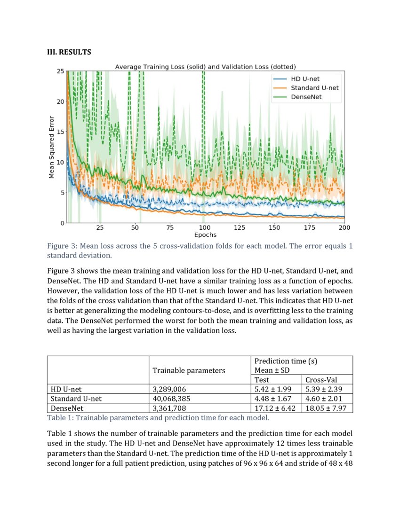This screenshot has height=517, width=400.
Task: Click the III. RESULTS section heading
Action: [x=69, y=52]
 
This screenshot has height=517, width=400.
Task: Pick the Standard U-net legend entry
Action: [x=314, y=88]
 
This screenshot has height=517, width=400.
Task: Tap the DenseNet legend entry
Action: [x=309, y=97]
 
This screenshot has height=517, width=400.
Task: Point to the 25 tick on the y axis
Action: [x=60, y=71]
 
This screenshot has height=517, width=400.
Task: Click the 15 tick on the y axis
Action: [x=60, y=132]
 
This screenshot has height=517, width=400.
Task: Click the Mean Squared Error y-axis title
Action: [x=52, y=147]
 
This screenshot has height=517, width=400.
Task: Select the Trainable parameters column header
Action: [x=189, y=370]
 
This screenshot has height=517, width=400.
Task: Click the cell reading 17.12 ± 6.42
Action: [x=274, y=408]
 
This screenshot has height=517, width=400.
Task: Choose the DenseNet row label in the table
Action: [x=67, y=408]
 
